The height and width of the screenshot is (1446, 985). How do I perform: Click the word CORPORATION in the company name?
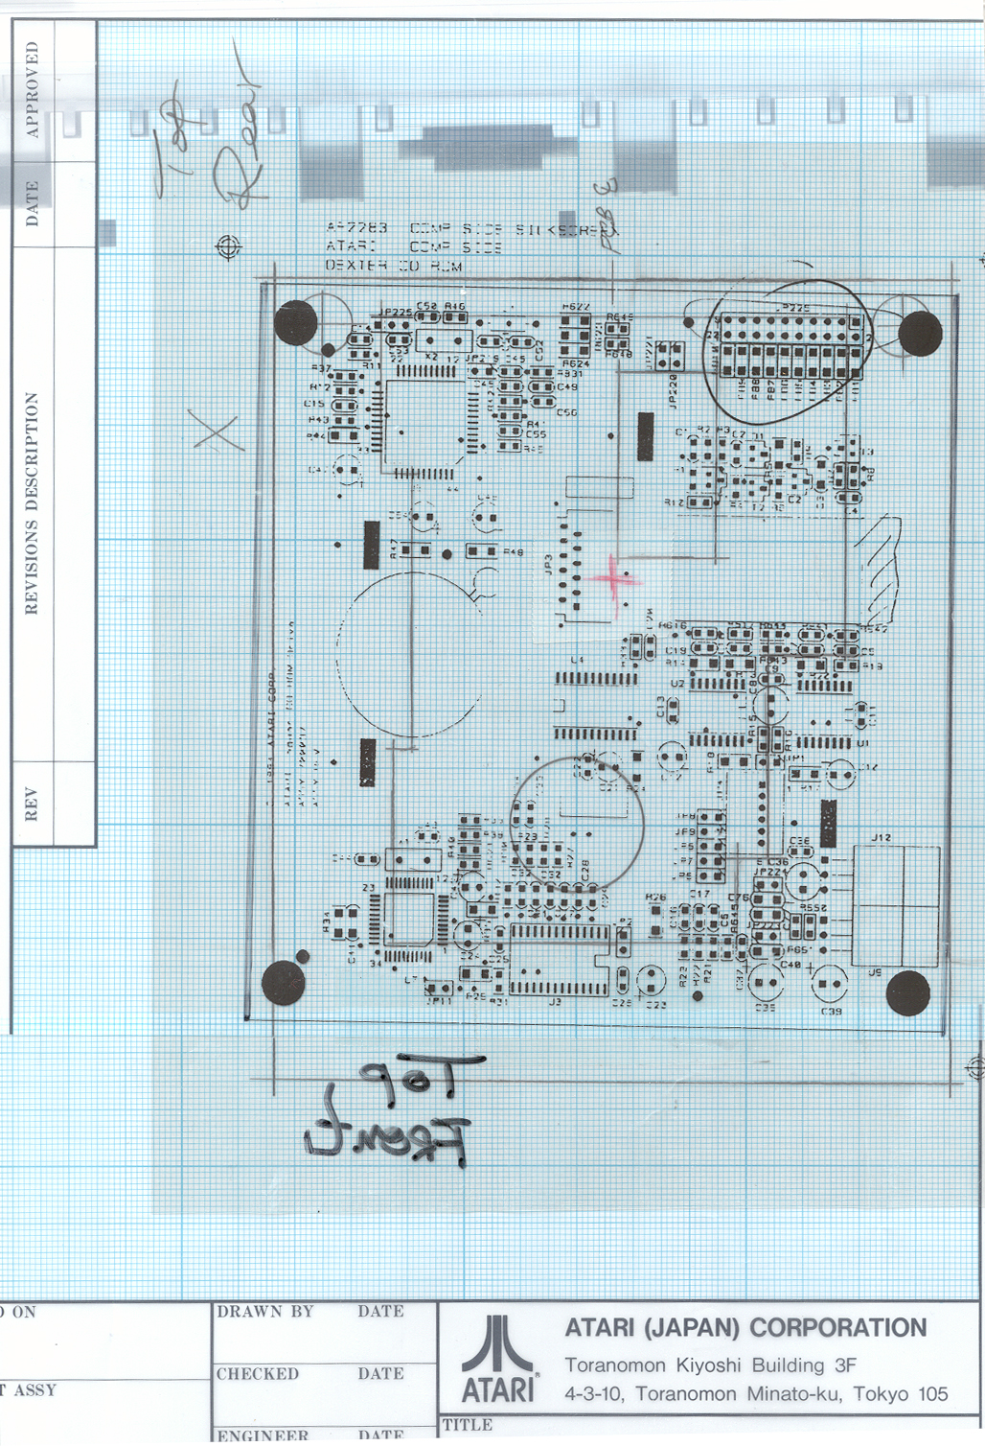click(838, 1328)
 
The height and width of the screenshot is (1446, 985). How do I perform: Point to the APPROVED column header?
click(33, 89)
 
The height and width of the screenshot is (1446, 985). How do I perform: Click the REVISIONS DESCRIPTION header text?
click(33, 503)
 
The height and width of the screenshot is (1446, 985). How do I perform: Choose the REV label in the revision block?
click(32, 805)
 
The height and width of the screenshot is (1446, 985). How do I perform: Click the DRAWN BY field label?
click(265, 1312)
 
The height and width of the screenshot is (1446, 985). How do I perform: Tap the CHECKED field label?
click(258, 1374)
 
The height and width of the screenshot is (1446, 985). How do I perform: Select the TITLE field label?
click(467, 1425)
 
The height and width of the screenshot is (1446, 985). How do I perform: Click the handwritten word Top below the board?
click(422, 1079)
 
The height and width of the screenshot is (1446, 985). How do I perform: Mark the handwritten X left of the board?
click(218, 431)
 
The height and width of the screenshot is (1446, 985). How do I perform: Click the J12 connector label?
click(882, 838)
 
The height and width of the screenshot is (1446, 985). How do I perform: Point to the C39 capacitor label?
click(831, 1012)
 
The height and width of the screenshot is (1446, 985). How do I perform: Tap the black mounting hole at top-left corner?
click(295, 322)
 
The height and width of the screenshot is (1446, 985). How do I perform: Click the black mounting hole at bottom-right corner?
click(907, 992)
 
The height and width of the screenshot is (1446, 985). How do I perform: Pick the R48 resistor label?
click(514, 552)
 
